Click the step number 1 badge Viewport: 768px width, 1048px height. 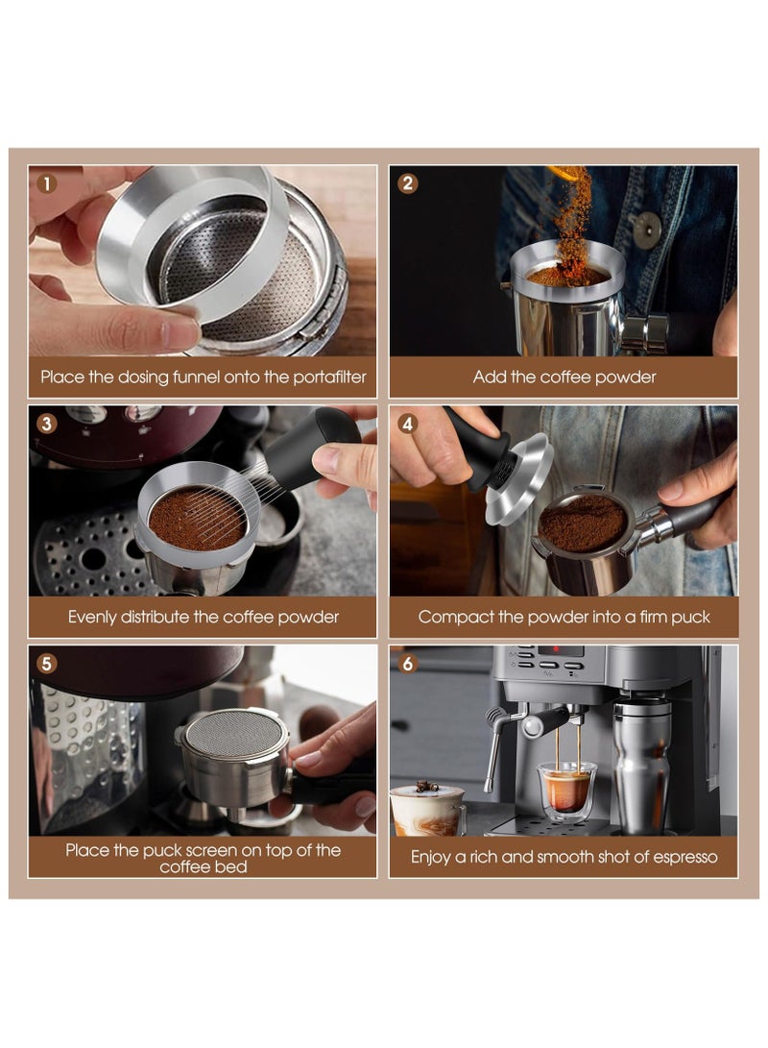coord(46,183)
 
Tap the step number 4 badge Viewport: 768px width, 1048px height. coord(408,423)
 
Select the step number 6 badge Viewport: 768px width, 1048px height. coord(408,663)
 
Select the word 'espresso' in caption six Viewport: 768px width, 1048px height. coord(679,856)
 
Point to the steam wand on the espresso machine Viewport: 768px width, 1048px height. coord(495,744)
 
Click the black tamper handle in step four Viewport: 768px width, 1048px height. coord(480,451)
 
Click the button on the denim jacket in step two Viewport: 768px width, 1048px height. coord(647,230)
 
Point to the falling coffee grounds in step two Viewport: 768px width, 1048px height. coord(572,216)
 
